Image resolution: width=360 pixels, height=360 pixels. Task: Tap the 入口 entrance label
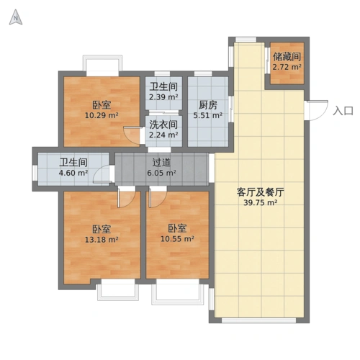343,111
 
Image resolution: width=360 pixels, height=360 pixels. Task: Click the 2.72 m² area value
287,67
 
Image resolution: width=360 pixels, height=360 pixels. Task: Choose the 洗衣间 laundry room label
163,123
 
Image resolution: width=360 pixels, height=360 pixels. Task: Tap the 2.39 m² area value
163,97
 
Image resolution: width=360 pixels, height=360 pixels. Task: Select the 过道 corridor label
161,163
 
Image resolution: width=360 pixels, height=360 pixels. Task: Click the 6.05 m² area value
161,173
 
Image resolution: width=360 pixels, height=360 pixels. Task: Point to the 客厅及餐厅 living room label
258,192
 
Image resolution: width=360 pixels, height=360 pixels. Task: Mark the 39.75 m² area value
258,203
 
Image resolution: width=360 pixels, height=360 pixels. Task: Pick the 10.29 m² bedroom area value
101,114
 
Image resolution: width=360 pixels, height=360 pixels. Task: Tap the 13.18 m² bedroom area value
101,240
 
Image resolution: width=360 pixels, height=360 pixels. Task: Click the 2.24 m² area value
163,134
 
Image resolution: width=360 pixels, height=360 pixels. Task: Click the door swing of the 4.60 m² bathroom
105,173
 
